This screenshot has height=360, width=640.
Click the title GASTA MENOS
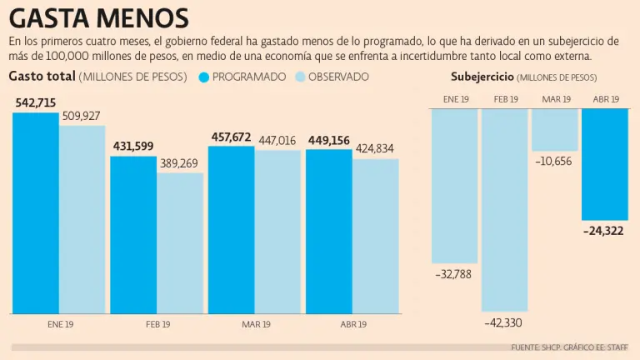tap(99, 17)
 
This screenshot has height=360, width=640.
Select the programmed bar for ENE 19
tap(35, 212)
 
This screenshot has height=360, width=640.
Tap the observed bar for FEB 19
tap(180, 242)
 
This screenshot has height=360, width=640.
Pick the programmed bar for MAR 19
tap(231, 229)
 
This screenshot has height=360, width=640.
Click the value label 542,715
tap(36, 102)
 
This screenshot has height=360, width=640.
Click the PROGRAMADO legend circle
tap(204, 77)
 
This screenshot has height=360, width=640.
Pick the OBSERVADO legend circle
tap(301, 77)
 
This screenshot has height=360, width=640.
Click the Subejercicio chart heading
tap(482, 77)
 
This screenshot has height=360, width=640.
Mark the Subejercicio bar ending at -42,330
tap(505, 209)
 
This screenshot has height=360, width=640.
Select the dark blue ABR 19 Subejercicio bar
tap(604, 163)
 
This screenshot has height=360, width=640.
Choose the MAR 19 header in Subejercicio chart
tap(556, 99)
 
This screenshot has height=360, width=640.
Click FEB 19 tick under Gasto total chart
tap(157, 324)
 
